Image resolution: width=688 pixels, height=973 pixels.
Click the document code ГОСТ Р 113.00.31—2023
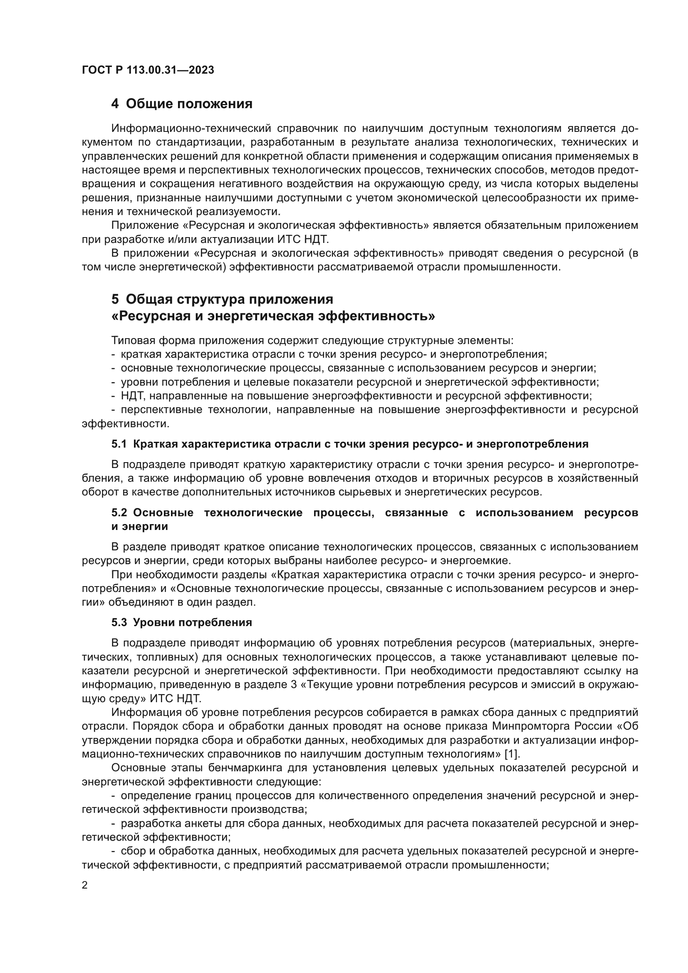[x=148, y=70]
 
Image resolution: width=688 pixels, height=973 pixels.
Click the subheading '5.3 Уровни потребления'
[x=181, y=623]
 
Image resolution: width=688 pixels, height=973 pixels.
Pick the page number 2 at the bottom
[x=85, y=885]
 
